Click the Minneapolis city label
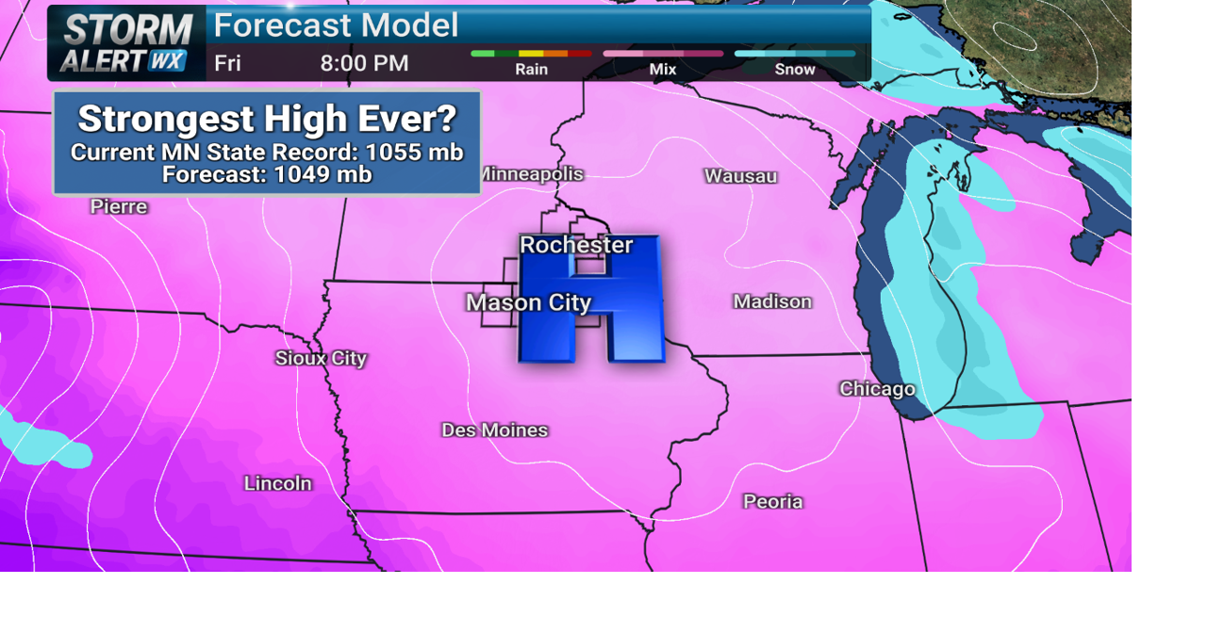tap(533, 174)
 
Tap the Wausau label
tap(740, 176)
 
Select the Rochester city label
tap(576, 245)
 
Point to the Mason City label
tap(528, 302)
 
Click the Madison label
tap(772, 301)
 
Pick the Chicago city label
tap(877, 389)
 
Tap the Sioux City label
tap(321, 358)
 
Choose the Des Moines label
tap(494, 430)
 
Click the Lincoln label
tap(277, 483)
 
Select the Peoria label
tap(772, 502)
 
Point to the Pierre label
tap(119, 206)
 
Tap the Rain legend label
tap(532, 69)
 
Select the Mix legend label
tap(663, 69)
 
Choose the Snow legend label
tap(794, 69)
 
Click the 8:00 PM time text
tap(364, 63)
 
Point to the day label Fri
tap(227, 63)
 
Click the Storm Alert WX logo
tap(126, 43)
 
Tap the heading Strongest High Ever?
tap(267, 119)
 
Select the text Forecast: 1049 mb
tap(267, 174)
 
